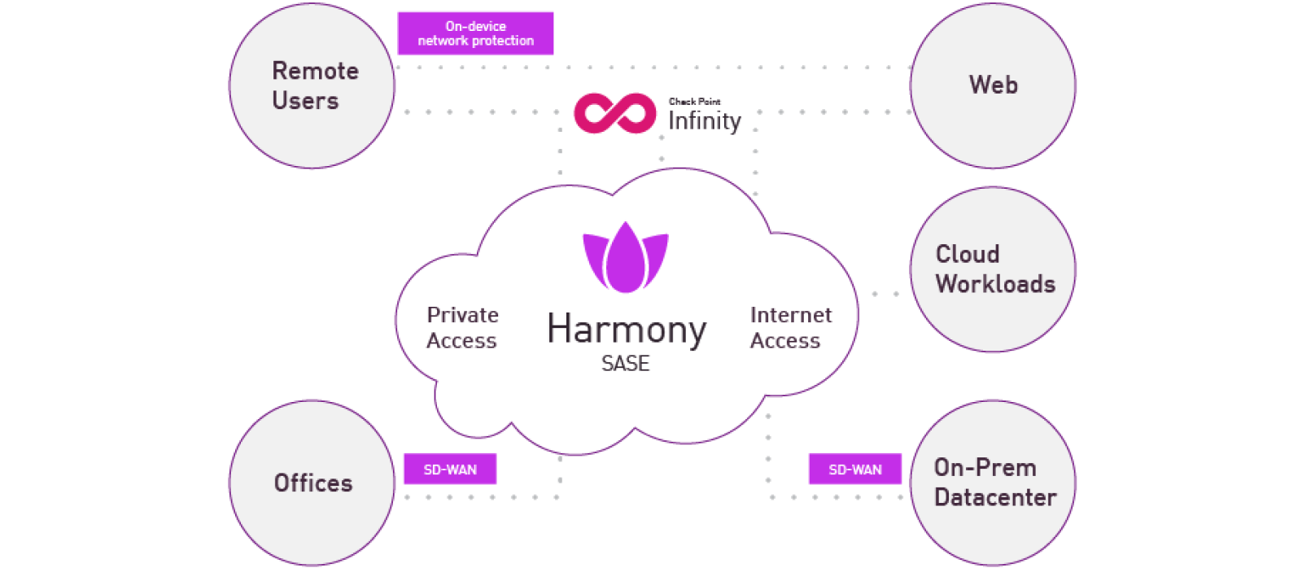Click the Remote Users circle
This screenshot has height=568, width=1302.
[312, 85]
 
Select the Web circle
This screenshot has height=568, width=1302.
[993, 85]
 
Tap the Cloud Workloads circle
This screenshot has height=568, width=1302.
[993, 269]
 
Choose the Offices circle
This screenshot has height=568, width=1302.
[312, 483]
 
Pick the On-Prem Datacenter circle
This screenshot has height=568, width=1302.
[993, 483]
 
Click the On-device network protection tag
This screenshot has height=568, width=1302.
[475, 33]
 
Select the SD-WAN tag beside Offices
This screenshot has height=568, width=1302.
[450, 470]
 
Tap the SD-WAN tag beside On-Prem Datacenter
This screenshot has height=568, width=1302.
[855, 470]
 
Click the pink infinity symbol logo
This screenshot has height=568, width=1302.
[615, 113]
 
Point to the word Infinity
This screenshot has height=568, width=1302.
[705, 121]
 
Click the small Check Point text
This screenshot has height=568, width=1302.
[694, 102]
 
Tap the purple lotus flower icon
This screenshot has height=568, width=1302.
[626, 258]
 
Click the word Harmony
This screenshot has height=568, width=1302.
[627, 330]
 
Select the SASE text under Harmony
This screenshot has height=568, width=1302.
[625, 364]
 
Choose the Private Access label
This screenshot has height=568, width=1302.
[462, 327]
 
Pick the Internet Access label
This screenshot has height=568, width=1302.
[790, 327]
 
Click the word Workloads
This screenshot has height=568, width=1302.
[995, 284]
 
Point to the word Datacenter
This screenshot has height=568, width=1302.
[995, 497]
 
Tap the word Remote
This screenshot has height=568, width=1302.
[315, 72]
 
